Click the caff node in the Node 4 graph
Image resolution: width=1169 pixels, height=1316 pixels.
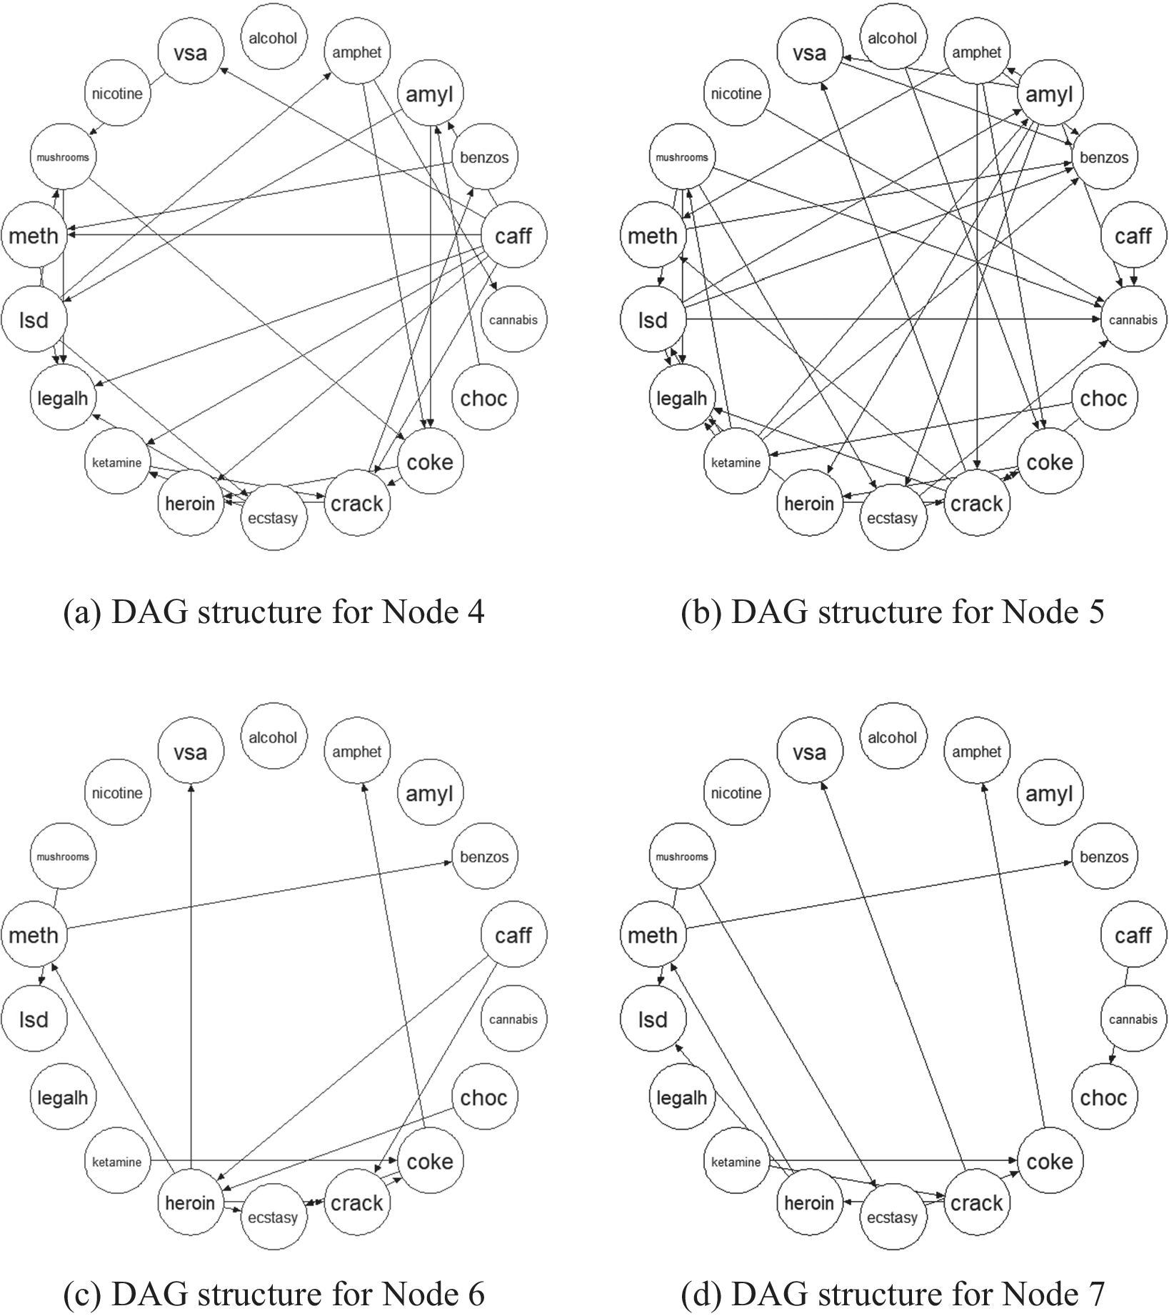tap(513, 236)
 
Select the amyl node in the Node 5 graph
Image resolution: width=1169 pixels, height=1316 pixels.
tap(1049, 94)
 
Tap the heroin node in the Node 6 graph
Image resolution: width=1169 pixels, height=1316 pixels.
tap(190, 1202)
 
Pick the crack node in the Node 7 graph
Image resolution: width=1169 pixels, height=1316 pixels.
tap(976, 1202)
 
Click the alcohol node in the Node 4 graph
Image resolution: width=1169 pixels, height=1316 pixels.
tap(273, 38)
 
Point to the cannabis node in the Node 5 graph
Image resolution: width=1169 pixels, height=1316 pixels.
tap(1133, 319)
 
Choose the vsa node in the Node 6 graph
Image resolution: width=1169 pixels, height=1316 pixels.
tap(190, 752)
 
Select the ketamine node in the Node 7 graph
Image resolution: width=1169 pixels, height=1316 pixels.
tap(736, 1162)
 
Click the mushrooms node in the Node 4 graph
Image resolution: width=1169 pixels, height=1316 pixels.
tap(63, 157)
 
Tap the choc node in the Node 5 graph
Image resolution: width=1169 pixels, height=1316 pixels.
tap(1103, 398)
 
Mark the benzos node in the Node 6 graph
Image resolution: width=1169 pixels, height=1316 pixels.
tap(484, 857)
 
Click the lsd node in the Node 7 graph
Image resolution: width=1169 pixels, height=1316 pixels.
tap(653, 1019)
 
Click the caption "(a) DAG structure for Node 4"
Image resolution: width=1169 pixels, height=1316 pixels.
tap(274, 612)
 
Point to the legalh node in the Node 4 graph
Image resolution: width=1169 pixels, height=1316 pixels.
tap(63, 398)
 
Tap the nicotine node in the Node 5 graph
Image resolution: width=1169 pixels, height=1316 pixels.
tap(736, 94)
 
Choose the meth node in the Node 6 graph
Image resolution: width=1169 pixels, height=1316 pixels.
tap(34, 934)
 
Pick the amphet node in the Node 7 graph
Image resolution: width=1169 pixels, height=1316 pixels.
tap(976, 752)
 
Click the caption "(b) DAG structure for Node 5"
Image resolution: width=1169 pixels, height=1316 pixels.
tap(893, 612)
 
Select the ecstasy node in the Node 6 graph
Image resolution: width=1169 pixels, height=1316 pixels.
tap(273, 1217)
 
